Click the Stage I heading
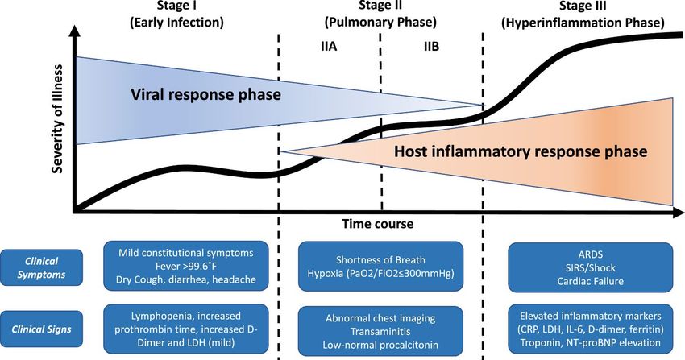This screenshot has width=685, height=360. (176, 14)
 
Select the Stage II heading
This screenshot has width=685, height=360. (380, 14)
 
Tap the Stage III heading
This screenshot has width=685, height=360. (583, 14)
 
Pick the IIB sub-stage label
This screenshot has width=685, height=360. (431, 47)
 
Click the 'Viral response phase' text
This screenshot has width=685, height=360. (205, 95)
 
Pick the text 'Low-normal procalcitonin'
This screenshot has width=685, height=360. (380, 346)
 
